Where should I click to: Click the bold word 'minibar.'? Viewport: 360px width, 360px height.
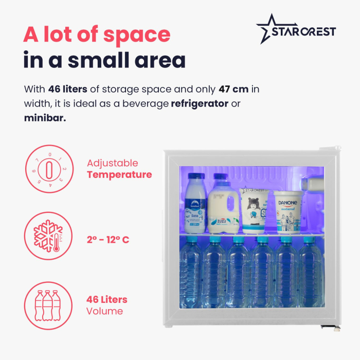45,118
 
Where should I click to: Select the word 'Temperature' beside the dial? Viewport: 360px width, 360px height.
119,175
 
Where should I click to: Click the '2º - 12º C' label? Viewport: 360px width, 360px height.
108,239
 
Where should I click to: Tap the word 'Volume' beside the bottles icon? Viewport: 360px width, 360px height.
105,311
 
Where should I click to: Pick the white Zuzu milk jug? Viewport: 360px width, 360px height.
224,206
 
